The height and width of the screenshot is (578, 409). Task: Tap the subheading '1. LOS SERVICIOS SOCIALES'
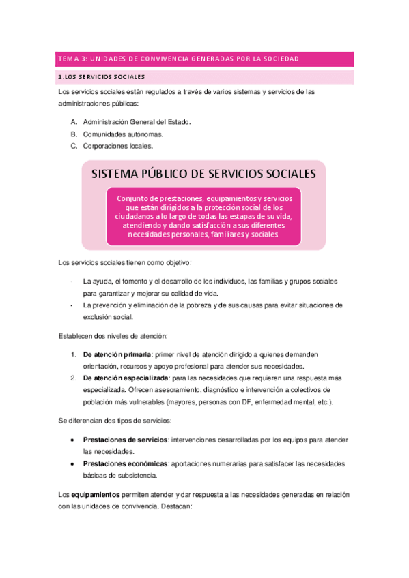coord(102,76)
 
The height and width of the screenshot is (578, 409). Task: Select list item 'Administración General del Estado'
coord(137,121)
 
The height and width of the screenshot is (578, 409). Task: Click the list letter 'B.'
coord(74,134)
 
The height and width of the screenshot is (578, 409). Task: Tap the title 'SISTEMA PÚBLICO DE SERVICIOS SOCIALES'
coord(203,174)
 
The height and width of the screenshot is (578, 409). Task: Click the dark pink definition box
coord(203,216)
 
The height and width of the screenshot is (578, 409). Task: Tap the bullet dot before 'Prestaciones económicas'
coord(73,463)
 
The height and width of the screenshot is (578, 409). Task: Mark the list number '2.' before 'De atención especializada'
coord(74,378)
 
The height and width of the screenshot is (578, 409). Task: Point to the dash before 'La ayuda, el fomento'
coord(72,281)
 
